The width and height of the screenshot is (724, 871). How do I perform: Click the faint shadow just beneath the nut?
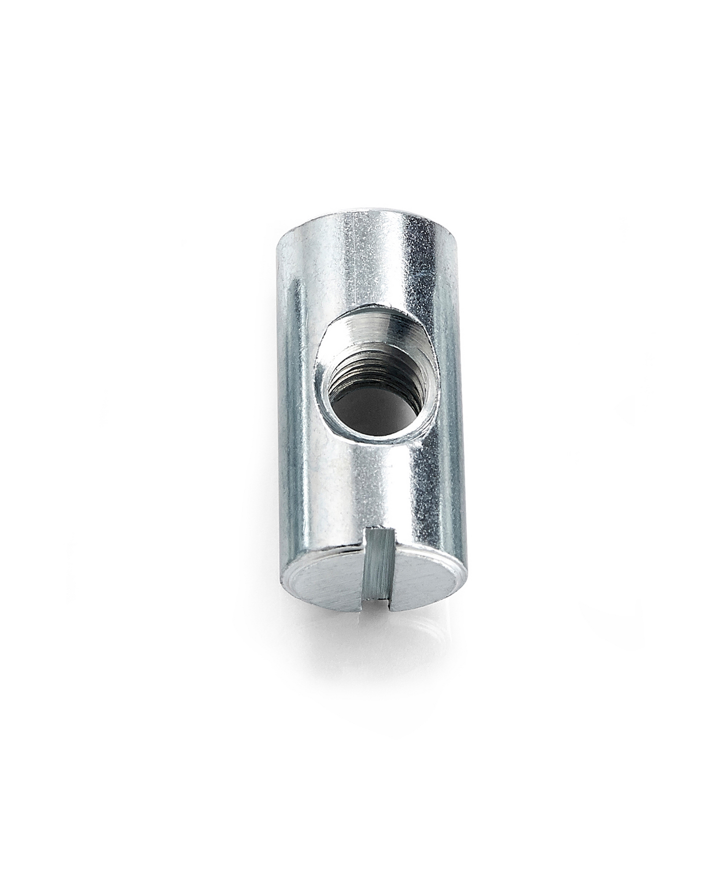click(x=372, y=624)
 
